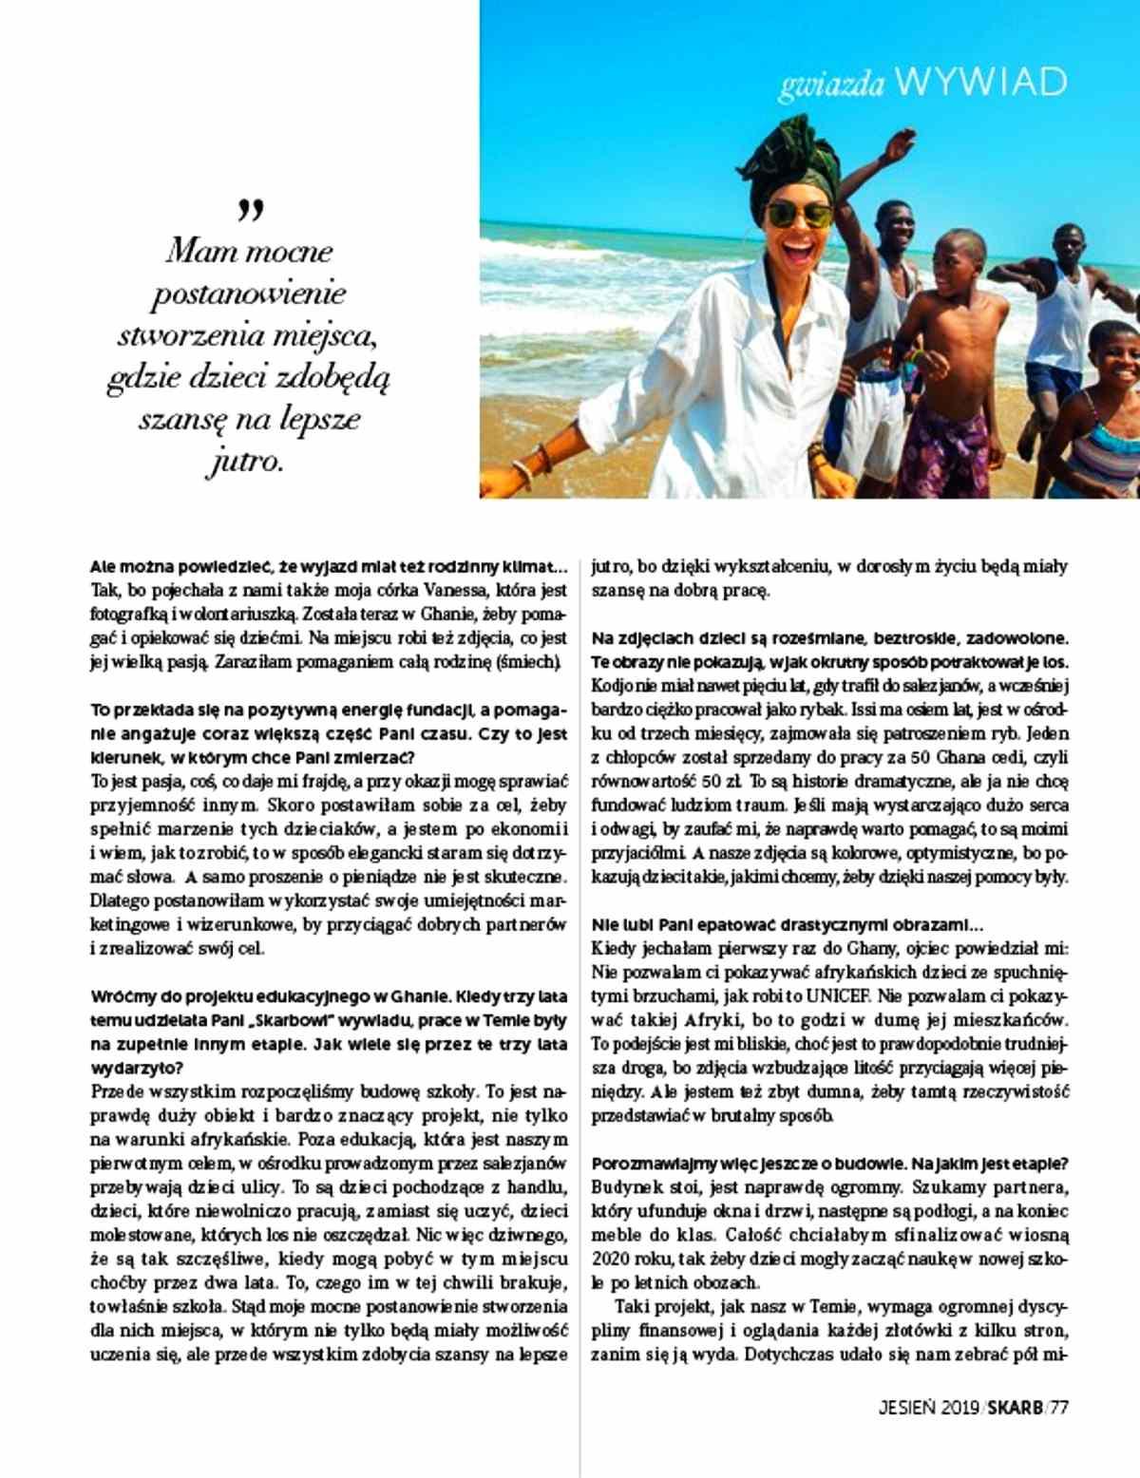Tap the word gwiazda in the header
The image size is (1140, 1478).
[x=831, y=85]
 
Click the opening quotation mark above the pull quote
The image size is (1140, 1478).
[x=251, y=211]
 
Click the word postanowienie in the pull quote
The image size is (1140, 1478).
[x=249, y=294]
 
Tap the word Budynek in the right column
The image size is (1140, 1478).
[x=623, y=1188]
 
